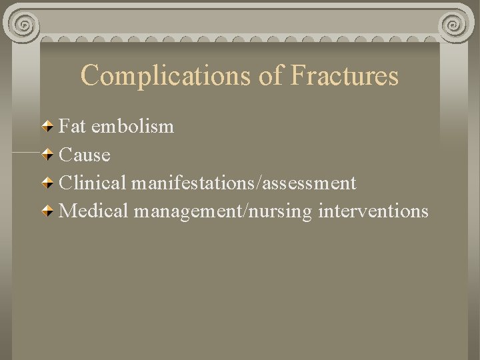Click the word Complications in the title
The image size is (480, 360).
(x=167, y=75)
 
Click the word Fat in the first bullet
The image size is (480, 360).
(x=73, y=125)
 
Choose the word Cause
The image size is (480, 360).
(x=85, y=155)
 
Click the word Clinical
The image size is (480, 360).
(x=93, y=183)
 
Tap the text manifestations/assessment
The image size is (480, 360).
(x=244, y=183)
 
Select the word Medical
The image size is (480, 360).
(x=94, y=211)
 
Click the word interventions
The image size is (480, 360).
(x=374, y=211)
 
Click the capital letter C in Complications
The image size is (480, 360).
(x=89, y=75)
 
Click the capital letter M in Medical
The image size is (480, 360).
(x=69, y=211)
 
